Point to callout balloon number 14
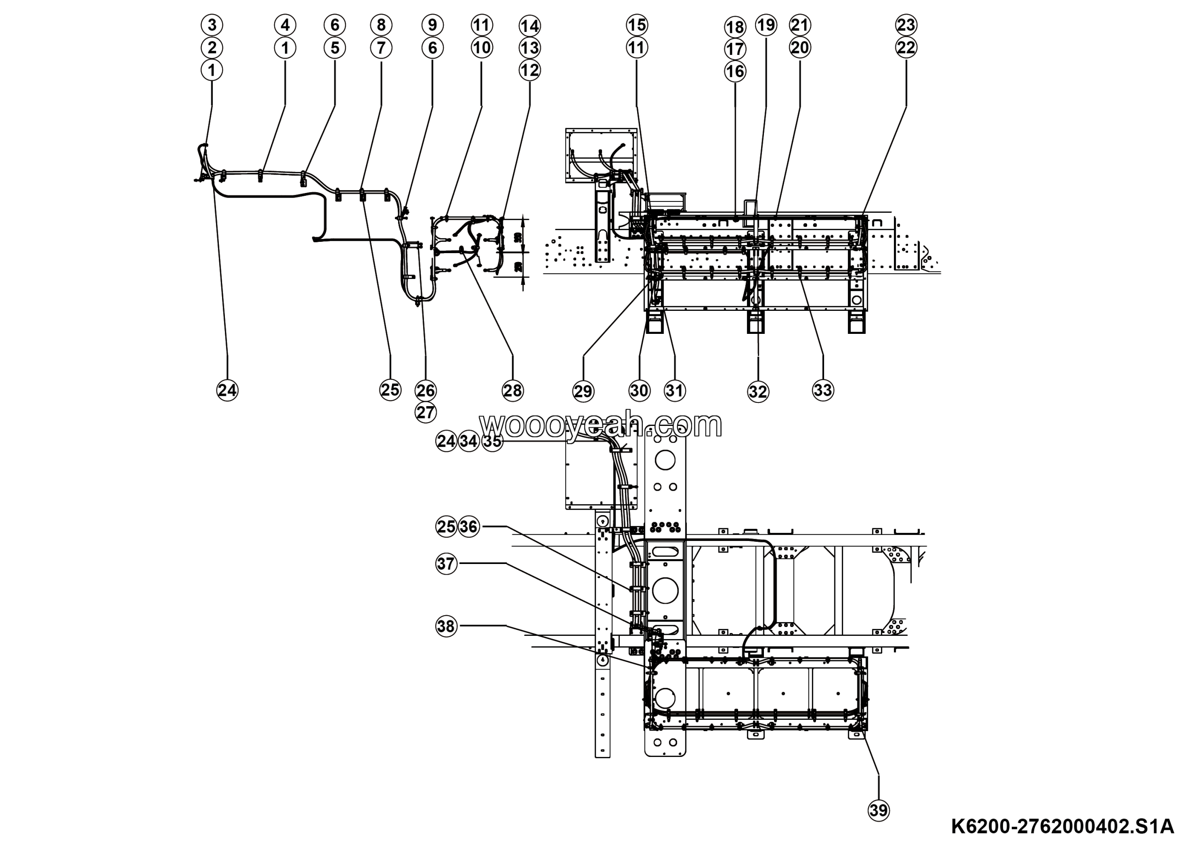click(530, 26)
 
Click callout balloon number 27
click(425, 412)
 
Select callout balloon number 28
click(513, 391)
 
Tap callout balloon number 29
click(583, 392)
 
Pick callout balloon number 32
click(758, 392)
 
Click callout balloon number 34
click(469, 441)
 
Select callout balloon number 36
click(469, 526)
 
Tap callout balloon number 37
click(446, 564)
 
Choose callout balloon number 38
click(446, 626)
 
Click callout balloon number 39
click(878, 810)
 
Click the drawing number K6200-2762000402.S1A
click(1062, 826)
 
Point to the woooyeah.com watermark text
click(601, 424)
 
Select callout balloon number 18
click(735, 27)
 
